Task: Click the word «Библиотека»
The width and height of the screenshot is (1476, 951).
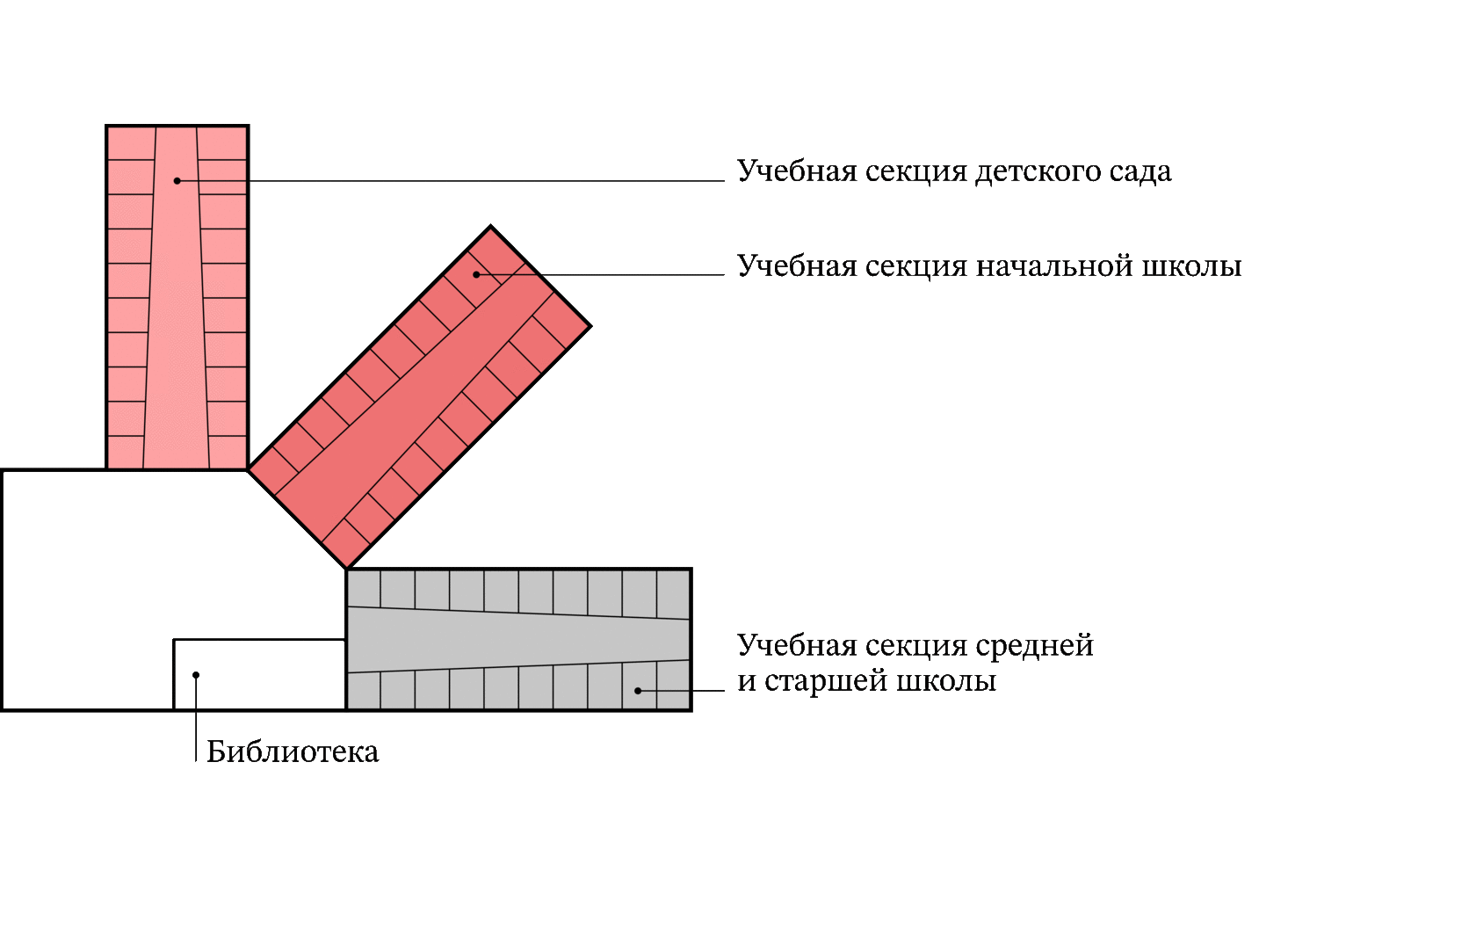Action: pyautogui.click(x=293, y=752)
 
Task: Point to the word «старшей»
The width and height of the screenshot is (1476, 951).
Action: pyautogui.click(x=821, y=682)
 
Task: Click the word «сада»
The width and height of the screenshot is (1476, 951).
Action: pyautogui.click(x=1140, y=172)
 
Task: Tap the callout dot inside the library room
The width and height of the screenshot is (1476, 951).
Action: pyautogui.click(x=196, y=675)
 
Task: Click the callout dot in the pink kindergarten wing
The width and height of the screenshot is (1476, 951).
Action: pyautogui.click(x=177, y=181)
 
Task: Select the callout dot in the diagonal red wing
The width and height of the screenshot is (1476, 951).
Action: pyautogui.click(x=476, y=274)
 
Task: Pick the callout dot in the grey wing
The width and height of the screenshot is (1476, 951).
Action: pyautogui.click(x=638, y=691)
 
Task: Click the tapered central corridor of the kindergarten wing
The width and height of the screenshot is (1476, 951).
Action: pyautogui.click(x=177, y=352)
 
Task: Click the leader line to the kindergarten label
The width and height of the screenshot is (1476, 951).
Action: pyautogui.click(x=483, y=181)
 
